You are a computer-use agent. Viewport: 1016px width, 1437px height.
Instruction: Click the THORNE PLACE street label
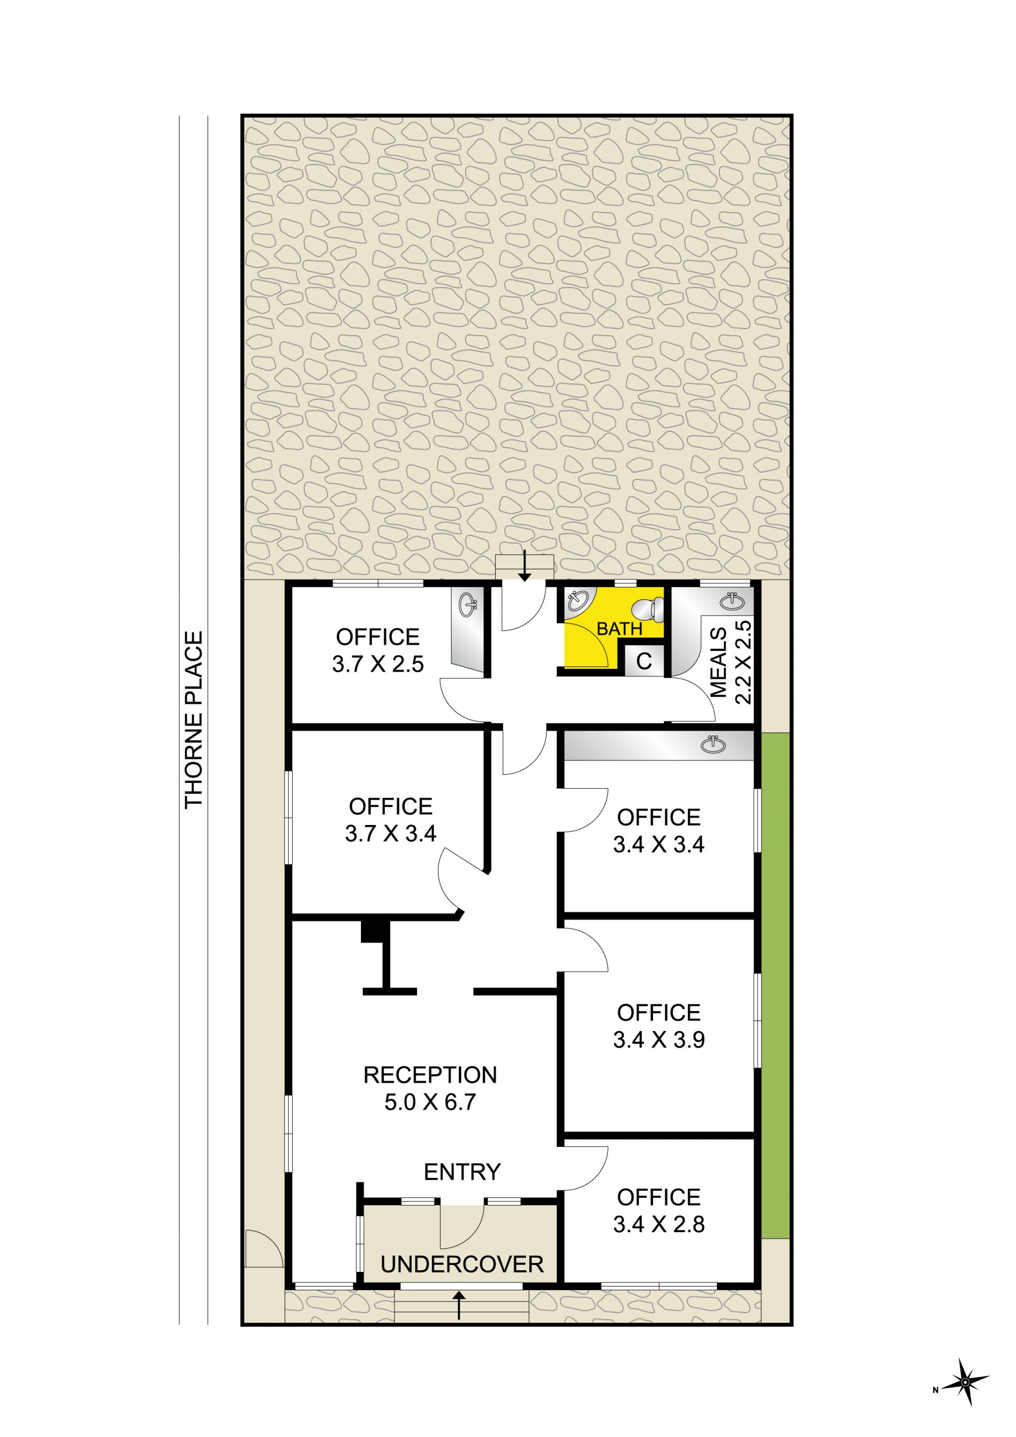[x=194, y=720]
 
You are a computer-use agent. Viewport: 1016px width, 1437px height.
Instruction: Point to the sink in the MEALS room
[x=732, y=601]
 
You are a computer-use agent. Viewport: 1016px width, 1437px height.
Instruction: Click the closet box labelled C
[x=644, y=661]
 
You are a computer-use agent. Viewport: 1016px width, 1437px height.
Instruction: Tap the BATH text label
[x=619, y=629]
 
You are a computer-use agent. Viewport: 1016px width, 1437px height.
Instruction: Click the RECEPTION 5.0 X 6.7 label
[x=430, y=1088]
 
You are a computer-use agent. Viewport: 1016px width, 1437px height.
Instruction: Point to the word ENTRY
[x=462, y=1172]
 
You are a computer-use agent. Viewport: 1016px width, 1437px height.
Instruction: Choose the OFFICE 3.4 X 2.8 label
[x=659, y=1211]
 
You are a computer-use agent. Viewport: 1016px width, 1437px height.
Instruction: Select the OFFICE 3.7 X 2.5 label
[x=378, y=650]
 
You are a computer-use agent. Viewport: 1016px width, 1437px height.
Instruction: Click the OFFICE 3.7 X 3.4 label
[x=391, y=820]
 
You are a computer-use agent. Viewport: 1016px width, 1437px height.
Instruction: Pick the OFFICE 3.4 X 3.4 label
[x=659, y=831]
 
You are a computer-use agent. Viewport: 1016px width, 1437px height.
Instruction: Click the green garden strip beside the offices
[x=776, y=985]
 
